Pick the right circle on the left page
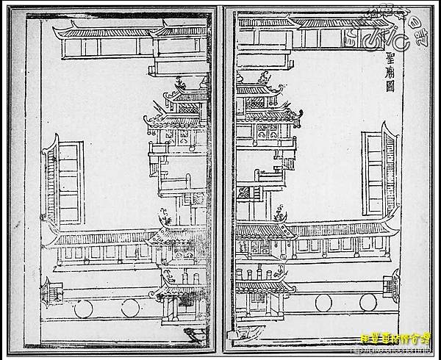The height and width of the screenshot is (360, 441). [x=130, y=307]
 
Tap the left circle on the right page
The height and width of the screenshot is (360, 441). [x=323, y=301]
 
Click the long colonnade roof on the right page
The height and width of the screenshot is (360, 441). [x=331, y=228]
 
